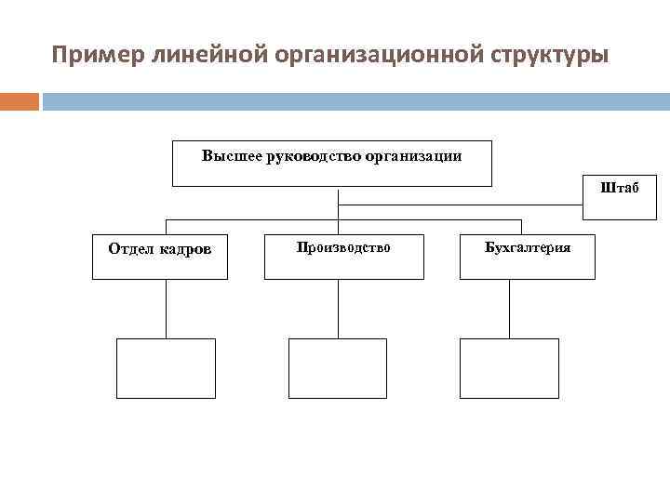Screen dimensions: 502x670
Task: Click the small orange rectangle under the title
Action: (20, 101)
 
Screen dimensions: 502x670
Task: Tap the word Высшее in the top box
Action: (232, 156)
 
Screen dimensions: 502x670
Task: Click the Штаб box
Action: (619, 197)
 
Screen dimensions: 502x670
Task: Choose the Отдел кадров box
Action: (158, 257)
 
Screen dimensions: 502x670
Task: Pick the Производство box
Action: (343, 257)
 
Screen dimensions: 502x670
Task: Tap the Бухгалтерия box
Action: (528, 257)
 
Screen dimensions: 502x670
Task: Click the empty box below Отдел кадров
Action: (166, 368)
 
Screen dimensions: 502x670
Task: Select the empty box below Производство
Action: (338, 368)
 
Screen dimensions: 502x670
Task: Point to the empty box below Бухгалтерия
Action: (510, 368)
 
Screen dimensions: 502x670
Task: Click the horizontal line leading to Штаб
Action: (461, 205)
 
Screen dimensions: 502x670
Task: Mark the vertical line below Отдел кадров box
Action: (166, 309)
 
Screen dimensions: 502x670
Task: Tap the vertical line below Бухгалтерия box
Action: (510, 309)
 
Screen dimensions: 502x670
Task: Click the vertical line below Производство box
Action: (338, 309)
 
